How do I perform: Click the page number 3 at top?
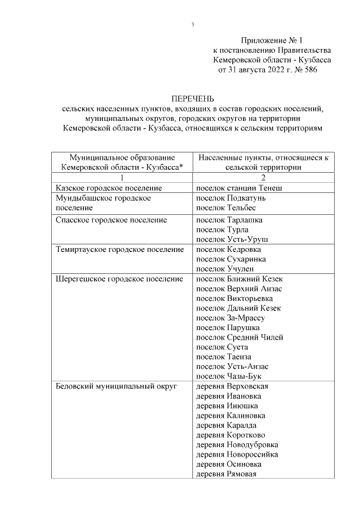tap(192, 25)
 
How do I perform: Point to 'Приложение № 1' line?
tap(272, 40)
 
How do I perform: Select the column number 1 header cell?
tap(122, 177)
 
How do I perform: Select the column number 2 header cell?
tap(263, 177)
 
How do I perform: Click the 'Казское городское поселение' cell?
tap(109, 187)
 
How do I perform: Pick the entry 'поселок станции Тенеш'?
tap(238, 187)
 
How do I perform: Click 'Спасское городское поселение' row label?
tap(112, 220)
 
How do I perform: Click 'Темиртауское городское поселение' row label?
tap(120, 249)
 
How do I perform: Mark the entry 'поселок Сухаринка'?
tap(231, 259)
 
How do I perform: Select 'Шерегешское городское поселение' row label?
tap(120, 278)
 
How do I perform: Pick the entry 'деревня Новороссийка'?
tap(237, 454)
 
